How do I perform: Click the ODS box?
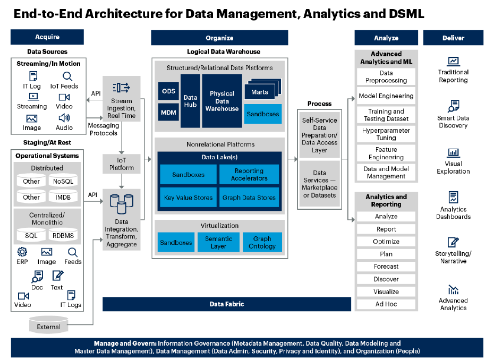click(168, 91)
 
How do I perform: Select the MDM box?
click(168, 112)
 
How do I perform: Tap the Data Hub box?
click(190, 101)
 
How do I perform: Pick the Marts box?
click(260, 92)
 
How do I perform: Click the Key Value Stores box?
click(189, 198)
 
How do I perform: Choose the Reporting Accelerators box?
click(249, 175)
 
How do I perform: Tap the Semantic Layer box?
click(218, 243)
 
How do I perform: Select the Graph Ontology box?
click(262, 243)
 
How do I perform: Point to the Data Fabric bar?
click(227, 304)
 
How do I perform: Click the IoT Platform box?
click(122, 164)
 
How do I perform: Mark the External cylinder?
click(49, 326)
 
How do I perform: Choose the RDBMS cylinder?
click(63, 235)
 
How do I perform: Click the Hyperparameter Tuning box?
click(386, 134)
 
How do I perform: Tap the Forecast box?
click(386, 267)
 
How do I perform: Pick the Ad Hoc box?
click(386, 304)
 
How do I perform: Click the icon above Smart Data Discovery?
click(453, 105)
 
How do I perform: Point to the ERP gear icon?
click(22, 252)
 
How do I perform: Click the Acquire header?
click(47, 37)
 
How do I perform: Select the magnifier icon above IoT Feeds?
click(67, 76)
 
